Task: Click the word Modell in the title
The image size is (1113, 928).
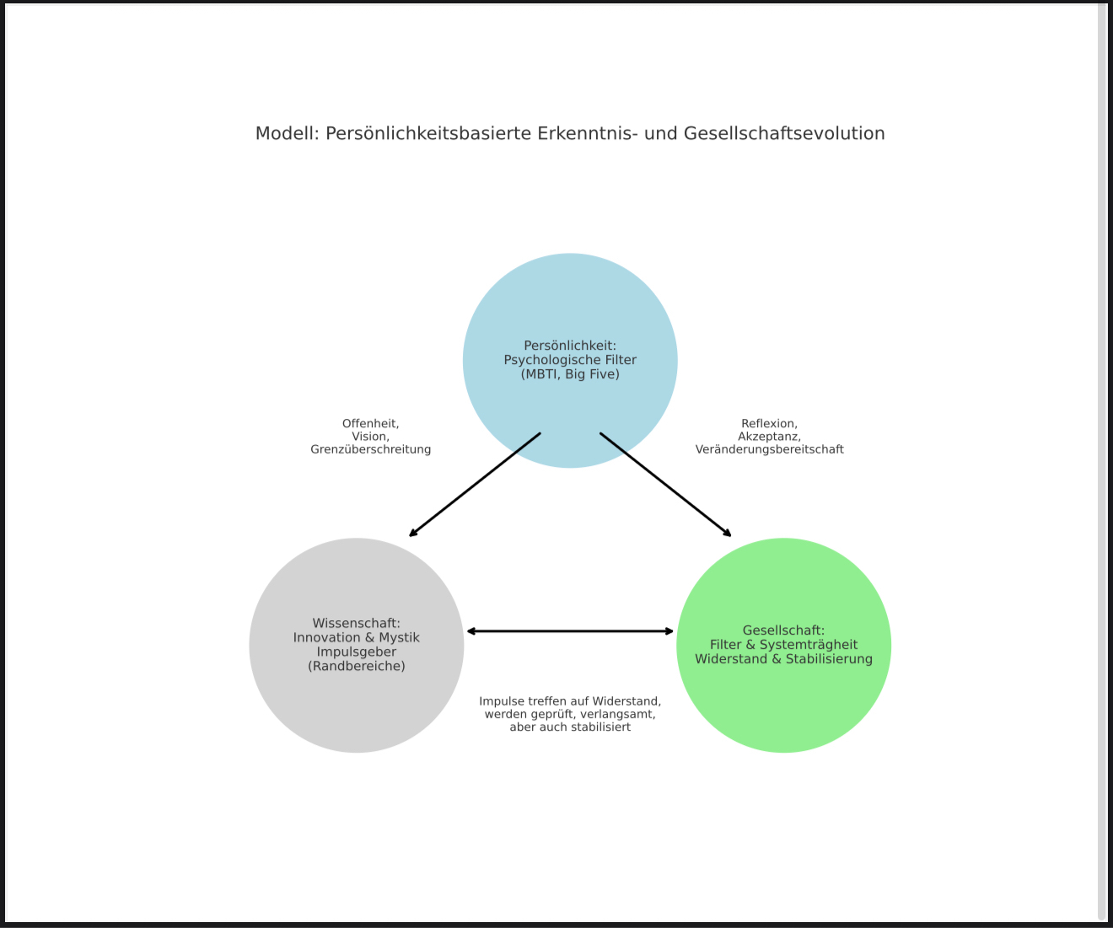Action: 287,133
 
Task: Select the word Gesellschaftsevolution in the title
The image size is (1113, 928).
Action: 784,133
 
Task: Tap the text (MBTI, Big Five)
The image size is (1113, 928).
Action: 570,374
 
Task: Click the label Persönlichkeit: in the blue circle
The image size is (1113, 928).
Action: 570,346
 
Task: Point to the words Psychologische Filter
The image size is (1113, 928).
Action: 570,360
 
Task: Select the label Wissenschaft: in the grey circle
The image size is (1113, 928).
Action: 356,623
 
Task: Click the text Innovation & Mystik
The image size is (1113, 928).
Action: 356,637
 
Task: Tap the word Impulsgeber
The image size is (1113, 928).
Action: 356,652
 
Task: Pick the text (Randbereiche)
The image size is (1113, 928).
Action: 356,666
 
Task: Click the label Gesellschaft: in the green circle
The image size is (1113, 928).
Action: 783,630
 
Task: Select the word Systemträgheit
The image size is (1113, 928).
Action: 809,645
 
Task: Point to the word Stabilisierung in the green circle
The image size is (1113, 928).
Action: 829,659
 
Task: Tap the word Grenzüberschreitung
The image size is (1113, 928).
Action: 370,449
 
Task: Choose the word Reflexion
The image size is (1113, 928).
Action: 769,424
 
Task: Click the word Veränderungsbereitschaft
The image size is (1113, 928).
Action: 769,449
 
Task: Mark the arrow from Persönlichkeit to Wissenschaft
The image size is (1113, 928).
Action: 475,485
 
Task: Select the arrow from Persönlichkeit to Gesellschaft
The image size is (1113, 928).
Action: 665,485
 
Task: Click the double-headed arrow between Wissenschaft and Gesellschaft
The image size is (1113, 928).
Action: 570,631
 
